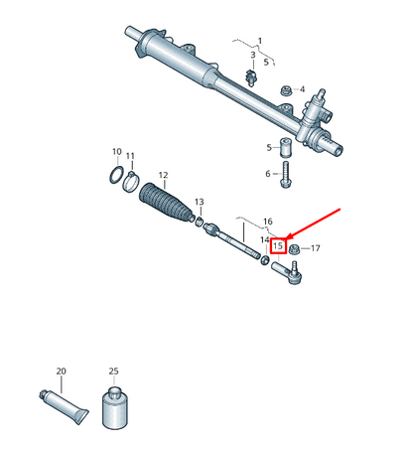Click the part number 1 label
pos(260,41)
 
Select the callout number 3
pos(252,55)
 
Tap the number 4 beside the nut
pos(303,88)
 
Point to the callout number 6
pos(268,174)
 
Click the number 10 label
pos(116,152)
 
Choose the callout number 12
pos(163,175)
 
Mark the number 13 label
pos(199,201)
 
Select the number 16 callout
pos(267,222)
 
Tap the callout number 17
pos(316,247)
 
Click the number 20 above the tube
pos(61,372)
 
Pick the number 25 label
pos(114,371)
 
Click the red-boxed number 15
pos(279,245)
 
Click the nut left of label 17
pos(295,248)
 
